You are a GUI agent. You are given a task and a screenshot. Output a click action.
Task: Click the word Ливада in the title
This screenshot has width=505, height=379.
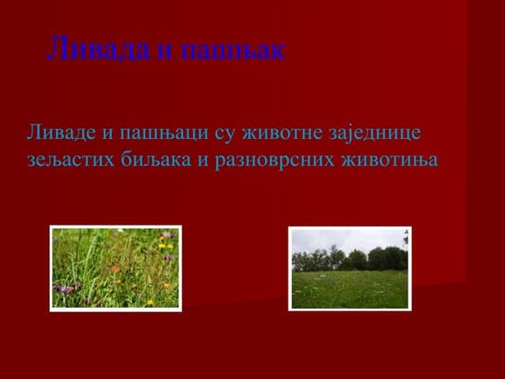tap(98, 49)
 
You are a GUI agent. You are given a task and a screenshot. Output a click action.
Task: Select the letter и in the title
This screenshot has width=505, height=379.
tap(164, 51)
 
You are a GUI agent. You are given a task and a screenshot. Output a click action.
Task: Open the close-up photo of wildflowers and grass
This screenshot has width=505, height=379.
tap(115, 268)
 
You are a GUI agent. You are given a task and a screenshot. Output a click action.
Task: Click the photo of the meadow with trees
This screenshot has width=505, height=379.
tap(349, 268)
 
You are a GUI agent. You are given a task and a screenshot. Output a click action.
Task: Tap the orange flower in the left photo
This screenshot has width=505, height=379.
tap(115, 268)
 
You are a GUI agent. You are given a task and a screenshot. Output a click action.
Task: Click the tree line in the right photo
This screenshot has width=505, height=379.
tap(352, 259)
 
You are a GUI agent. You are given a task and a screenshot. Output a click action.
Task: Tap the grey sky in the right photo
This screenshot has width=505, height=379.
tap(343, 238)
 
